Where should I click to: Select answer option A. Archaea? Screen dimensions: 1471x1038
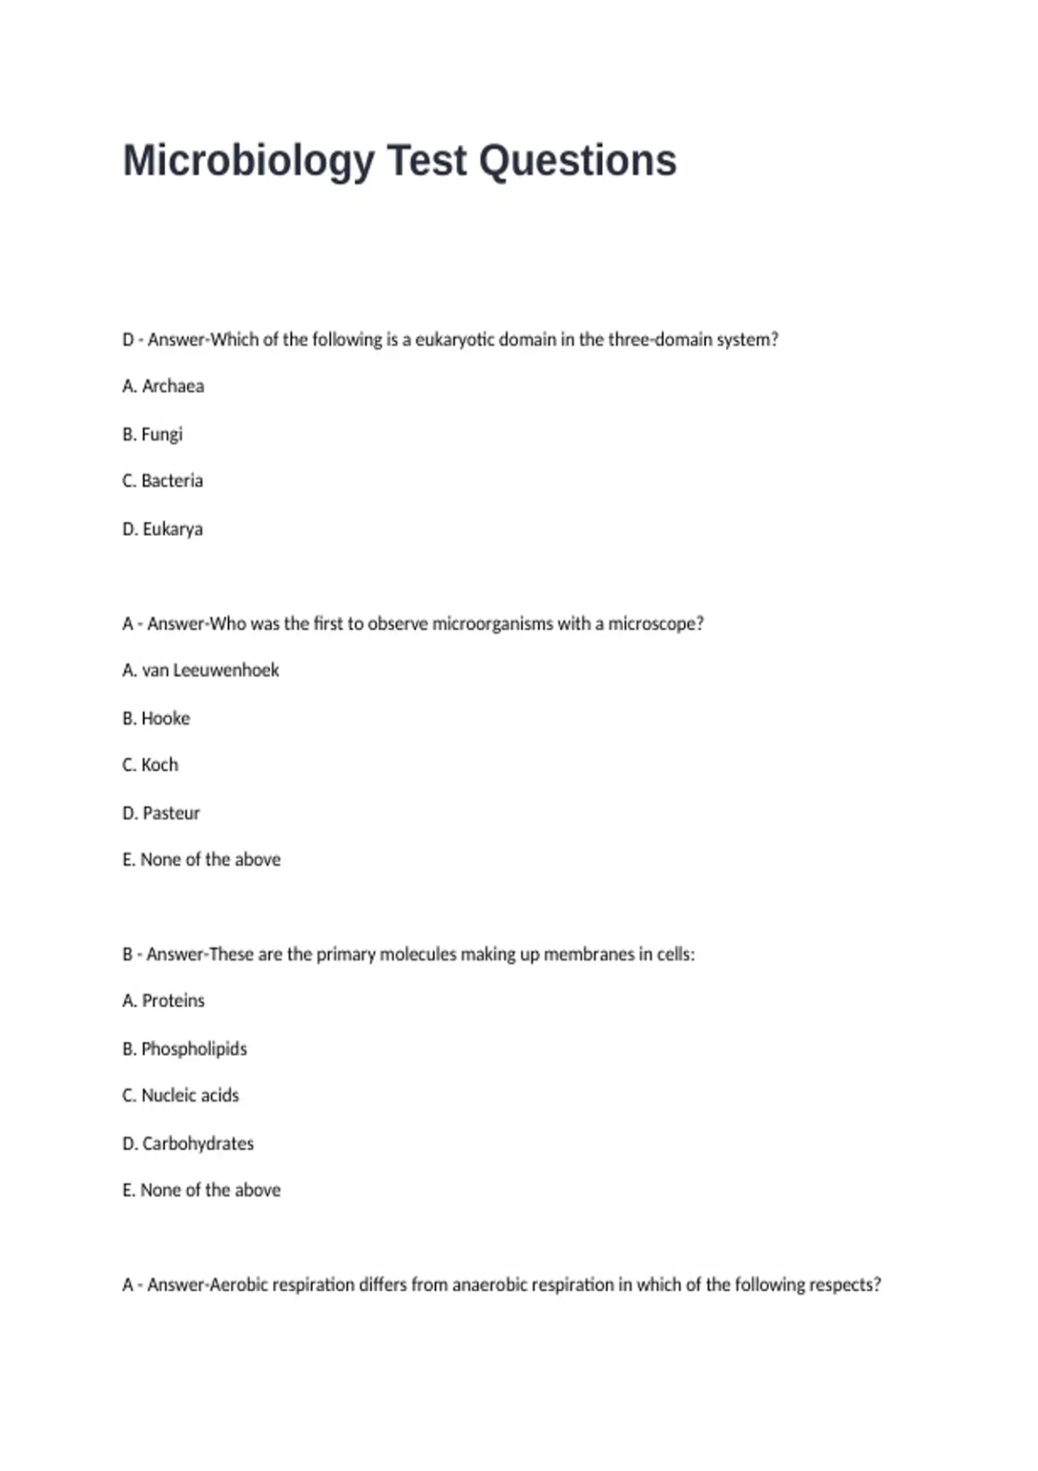163,386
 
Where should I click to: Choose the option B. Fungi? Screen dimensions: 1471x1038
153,434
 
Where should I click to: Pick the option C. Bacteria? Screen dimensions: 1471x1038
163,480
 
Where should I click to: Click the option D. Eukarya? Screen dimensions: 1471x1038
163,529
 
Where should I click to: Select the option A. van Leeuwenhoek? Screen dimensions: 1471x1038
201,670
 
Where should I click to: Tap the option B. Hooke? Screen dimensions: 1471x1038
157,718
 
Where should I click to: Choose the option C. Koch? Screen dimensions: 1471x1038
151,765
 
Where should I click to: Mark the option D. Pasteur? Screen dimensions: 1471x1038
161,813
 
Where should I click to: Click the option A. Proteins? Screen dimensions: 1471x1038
163,1000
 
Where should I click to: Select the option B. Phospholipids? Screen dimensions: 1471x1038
184,1049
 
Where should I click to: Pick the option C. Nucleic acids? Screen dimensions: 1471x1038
181,1095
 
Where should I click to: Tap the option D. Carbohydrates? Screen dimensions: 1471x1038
188,1143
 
